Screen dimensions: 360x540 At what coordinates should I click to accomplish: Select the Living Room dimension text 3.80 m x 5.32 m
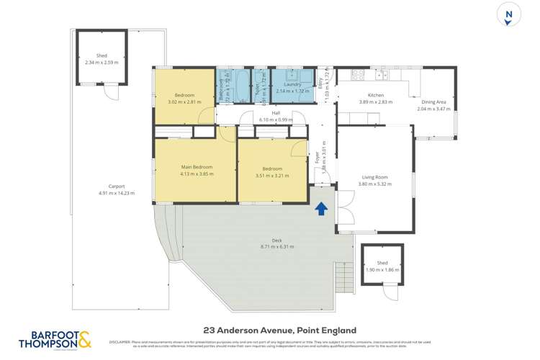coord(374,184)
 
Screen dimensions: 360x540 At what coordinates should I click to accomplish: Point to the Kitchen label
coord(376,96)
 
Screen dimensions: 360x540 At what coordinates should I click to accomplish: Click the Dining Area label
coord(434,102)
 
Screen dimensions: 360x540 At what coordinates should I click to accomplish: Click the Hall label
coord(276,113)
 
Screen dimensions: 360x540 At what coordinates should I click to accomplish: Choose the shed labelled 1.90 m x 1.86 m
coord(382,266)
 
